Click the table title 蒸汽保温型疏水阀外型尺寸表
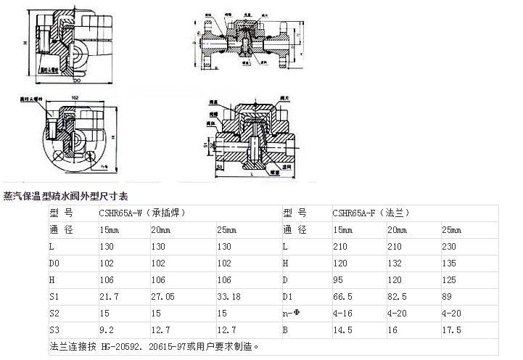(x=66, y=196)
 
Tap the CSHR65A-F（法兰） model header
(x=367, y=213)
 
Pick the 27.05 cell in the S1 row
(x=161, y=296)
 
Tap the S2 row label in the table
(x=55, y=313)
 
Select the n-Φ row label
(x=292, y=313)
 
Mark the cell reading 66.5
(x=342, y=296)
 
